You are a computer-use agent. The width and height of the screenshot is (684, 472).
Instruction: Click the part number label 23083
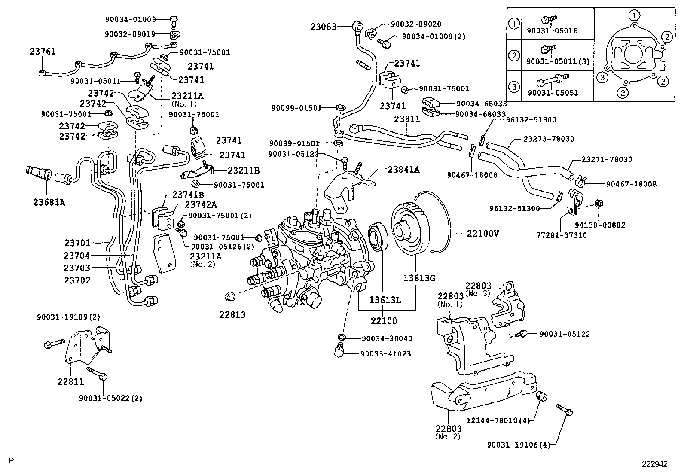click(324, 27)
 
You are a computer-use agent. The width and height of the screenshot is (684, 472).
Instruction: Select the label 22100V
click(483, 234)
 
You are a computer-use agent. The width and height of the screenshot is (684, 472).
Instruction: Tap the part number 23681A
click(49, 201)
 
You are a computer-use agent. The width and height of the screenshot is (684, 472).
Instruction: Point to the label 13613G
click(419, 278)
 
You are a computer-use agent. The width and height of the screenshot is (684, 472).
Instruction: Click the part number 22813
click(232, 314)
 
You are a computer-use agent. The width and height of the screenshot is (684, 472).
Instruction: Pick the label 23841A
click(403, 170)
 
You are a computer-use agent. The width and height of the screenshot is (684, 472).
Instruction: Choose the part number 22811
click(71, 381)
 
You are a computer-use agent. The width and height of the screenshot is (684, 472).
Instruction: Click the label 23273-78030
click(549, 139)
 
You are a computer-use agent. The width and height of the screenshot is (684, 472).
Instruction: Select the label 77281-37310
click(561, 235)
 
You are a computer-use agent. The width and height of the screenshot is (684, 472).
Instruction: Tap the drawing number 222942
click(655, 464)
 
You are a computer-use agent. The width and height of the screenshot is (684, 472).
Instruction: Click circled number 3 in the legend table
click(514, 87)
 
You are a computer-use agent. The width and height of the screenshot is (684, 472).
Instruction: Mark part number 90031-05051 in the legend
click(553, 93)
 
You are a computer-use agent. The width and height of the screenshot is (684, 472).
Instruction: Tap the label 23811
click(407, 119)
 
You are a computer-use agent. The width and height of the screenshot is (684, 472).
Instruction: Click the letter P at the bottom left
click(11, 460)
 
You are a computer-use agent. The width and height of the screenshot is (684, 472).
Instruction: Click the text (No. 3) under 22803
click(478, 293)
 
